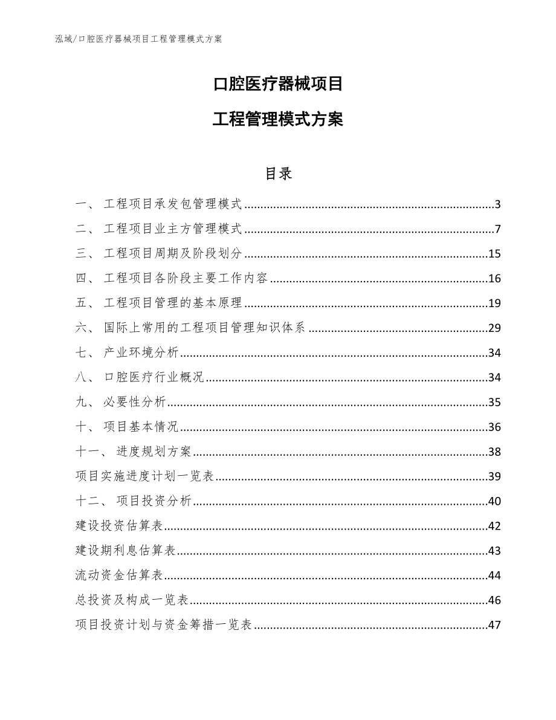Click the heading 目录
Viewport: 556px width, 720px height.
pos(278,174)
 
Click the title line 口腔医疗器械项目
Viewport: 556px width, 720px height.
pos(278,84)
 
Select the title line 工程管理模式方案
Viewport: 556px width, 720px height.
pos(278,120)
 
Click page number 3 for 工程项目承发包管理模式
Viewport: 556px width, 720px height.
pos(497,204)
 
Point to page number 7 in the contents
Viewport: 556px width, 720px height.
pos(497,229)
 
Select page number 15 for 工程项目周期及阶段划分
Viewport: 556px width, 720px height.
pos(494,254)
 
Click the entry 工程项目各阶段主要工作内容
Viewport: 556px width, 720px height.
pos(186,279)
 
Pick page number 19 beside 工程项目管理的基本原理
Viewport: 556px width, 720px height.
pos(494,303)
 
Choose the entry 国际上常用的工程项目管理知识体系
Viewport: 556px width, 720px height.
pos(205,328)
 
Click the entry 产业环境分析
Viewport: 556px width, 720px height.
pos(141,353)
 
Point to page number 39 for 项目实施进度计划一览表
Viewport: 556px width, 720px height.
pos(494,476)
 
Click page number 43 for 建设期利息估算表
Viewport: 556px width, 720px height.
pos(494,551)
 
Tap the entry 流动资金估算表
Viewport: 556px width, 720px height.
pos(119,576)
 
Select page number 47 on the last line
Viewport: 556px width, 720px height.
pos(494,625)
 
